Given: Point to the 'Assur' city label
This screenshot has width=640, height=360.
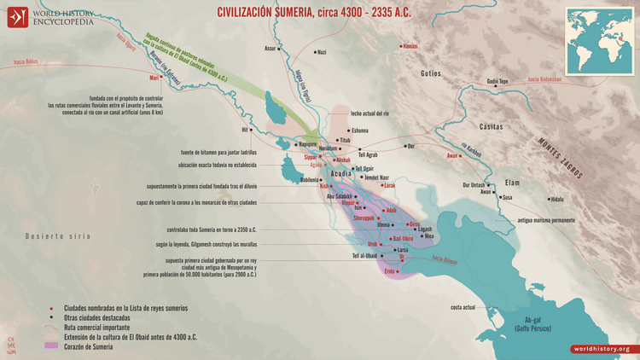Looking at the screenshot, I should [271, 48].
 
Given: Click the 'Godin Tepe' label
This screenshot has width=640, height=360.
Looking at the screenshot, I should [497, 82].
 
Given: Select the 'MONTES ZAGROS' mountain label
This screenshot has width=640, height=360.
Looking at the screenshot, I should [561, 160].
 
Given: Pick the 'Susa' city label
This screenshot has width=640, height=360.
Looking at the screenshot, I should [508, 197].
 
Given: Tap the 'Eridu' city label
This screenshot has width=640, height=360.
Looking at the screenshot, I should [391, 270].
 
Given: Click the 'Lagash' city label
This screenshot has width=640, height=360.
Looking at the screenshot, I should [425, 229].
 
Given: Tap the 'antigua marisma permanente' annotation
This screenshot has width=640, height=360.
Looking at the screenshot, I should [546, 221].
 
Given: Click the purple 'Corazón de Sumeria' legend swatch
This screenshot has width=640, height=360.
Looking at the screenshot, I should [53, 345].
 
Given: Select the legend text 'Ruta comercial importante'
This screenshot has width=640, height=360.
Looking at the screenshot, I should [106, 327].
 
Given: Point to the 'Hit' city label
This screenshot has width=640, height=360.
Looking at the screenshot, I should [245, 131].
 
